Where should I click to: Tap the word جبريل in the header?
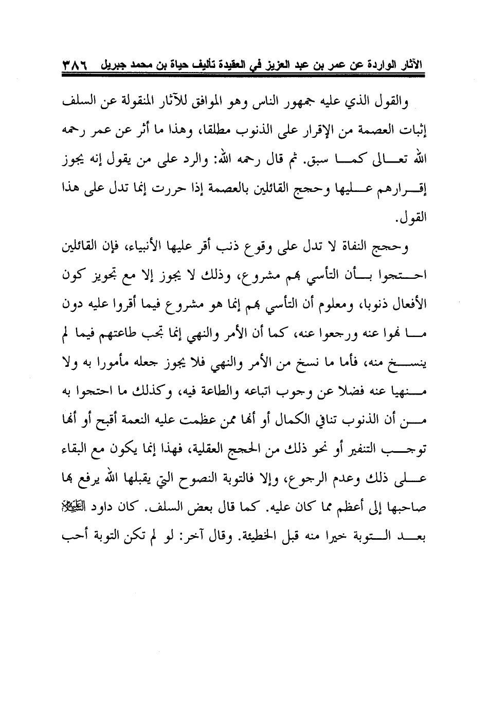(x=105, y=65)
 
